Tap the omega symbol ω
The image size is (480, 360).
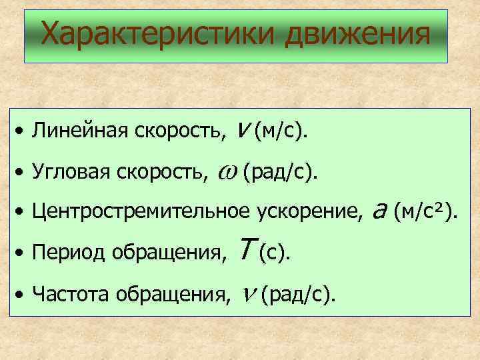coord(225,173)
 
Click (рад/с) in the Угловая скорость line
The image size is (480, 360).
coord(280,173)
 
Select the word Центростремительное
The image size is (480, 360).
coord(141,213)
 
